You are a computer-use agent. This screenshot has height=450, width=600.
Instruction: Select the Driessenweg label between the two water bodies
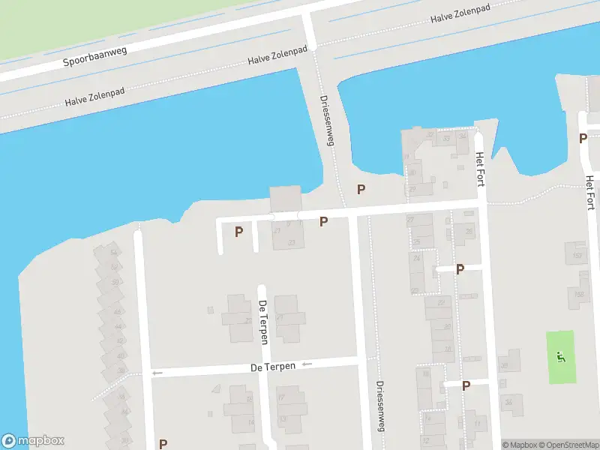pyautogui.click(x=326, y=120)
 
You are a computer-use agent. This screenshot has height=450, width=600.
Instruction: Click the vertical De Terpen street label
pyautogui.click(x=263, y=322)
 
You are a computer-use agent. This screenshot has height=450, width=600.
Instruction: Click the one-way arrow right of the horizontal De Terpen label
pyautogui.click(x=306, y=364)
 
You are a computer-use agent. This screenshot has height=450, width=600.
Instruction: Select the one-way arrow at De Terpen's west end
pyautogui.click(x=157, y=373)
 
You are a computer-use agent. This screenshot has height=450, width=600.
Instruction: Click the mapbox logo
pyautogui.click(x=33, y=441)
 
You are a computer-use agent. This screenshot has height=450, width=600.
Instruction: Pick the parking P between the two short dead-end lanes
pyautogui.click(x=238, y=232)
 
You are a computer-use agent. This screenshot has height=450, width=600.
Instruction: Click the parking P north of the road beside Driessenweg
pyautogui.click(x=361, y=190)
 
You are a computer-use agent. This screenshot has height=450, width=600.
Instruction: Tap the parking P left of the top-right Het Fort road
pyautogui.click(x=582, y=138)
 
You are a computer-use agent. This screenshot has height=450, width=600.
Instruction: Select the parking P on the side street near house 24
pyautogui.click(x=460, y=268)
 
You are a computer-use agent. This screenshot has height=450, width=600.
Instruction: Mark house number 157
pyautogui.click(x=577, y=256)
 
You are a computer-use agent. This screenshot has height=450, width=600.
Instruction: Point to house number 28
pyautogui.click(x=448, y=349)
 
